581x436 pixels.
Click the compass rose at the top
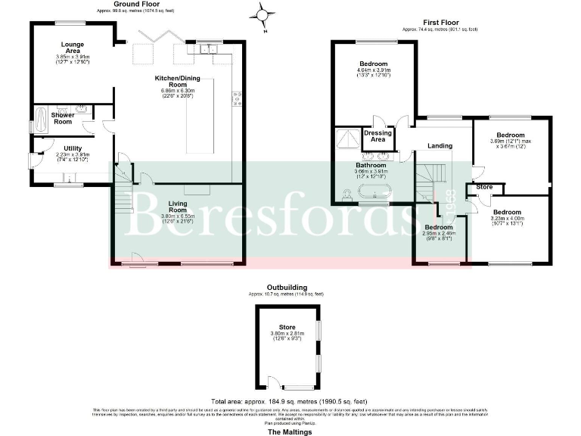coord(263,13)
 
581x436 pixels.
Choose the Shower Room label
coord(62,119)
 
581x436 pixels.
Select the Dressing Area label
coord(377,136)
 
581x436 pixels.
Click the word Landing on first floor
coord(440,146)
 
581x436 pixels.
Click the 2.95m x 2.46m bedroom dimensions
coord(439,234)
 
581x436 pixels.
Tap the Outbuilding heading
coord(286,288)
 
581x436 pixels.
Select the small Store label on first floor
coord(484,187)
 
